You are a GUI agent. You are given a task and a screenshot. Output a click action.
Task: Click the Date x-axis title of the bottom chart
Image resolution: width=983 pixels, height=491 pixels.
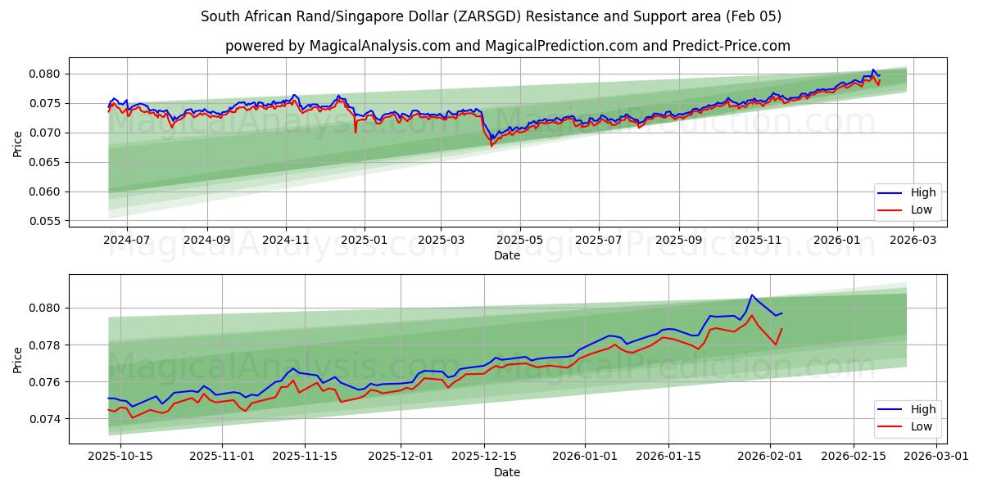[x=507, y=472]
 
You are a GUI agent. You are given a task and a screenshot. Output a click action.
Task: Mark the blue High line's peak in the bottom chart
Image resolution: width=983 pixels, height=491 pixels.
[x=752, y=295]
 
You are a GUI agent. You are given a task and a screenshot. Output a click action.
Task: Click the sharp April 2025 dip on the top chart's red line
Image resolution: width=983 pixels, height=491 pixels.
[x=491, y=146]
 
